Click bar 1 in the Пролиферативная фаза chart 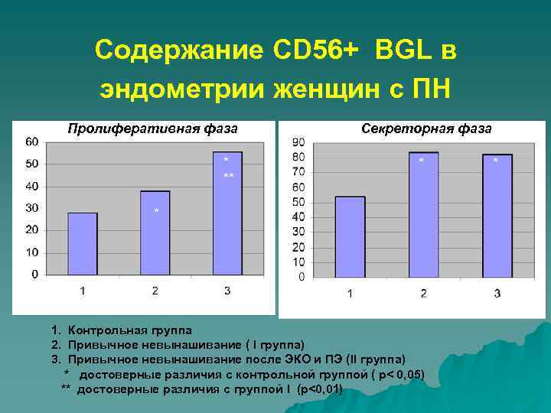pyautogui.click(x=83, y=243)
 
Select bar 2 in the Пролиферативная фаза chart pyautogui.click(x=155, y=233)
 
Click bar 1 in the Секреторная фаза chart pyautogui.click(x=350, y=236)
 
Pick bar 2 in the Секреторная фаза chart pyautogui.click(x=423, y=214)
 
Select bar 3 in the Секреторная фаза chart pyautogui.click(x=497, y=216)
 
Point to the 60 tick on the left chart pyautogui.click(x=32, y=141)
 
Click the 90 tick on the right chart pyautogui.click(x=298, y=142)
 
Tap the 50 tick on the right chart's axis pyautogui.click(x=298, y=202)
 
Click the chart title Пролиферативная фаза pyautogui.click(x=152, y=128)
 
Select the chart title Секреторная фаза pyautogui.click(x=426, y=128)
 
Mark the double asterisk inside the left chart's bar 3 pyautogui.click(x=228, y=177)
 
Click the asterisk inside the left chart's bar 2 pyautogui.click(x=156, y=211)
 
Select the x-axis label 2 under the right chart pyautogui.click(x=423, y=294)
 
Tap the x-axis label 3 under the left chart pyautogui.click(x=227, y=291)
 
